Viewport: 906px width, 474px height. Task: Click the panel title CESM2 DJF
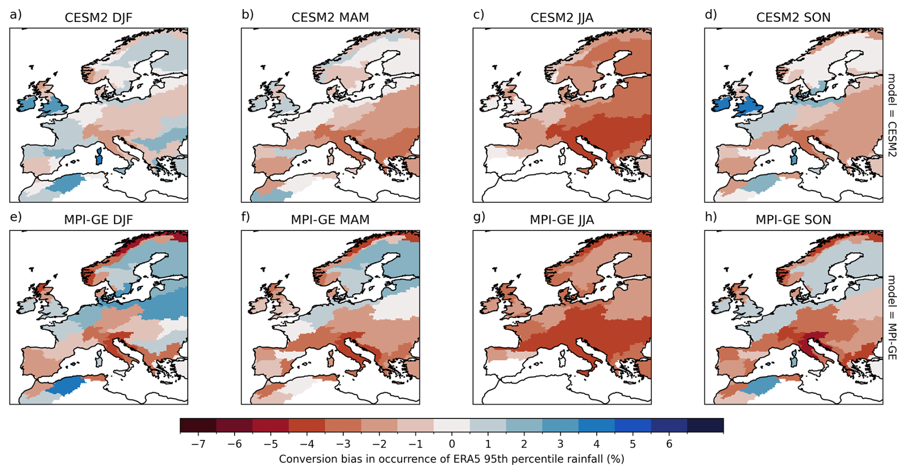[98, 18]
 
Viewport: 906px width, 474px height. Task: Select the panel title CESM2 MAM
[330, 18]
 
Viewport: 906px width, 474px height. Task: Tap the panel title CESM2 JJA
[562, 18]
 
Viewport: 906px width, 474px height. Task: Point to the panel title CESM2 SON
[793, 18]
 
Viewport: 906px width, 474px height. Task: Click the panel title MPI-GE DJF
[98, 220]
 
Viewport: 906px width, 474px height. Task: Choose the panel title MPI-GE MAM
[330, 220]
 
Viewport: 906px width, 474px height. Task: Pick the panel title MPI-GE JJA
[562, 220]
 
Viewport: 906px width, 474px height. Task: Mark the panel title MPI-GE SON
[793, 220]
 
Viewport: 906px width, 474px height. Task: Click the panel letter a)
[16, 15]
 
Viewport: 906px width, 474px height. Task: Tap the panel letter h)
[711, 217]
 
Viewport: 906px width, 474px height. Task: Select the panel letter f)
[246, 217]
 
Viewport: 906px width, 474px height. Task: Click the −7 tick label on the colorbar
[198, 444]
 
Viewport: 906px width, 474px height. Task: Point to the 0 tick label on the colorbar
[452, 444]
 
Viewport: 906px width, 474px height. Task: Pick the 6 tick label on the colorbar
[669, 444]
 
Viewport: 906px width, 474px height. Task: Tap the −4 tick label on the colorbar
[307, 444]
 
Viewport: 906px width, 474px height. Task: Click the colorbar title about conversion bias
[452, 459]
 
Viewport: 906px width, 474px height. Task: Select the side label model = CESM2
[891, 115]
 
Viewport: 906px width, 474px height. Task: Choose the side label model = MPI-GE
[891, 317]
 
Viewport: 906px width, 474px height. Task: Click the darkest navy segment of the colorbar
[705, 426]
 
